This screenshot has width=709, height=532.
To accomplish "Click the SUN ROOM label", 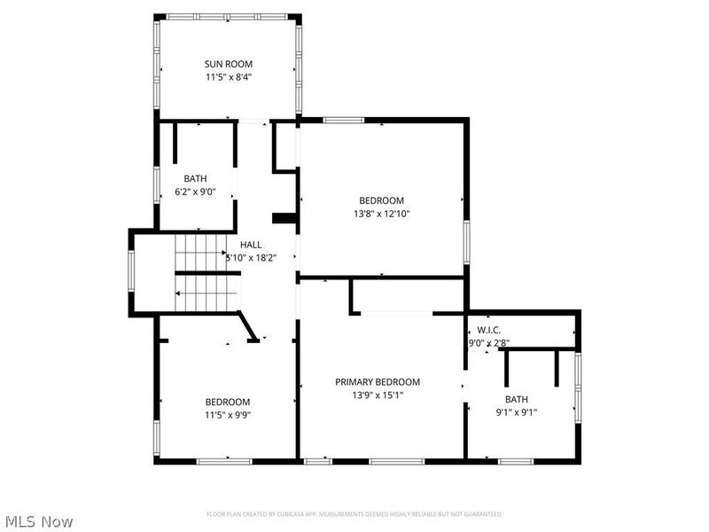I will pos(229,64).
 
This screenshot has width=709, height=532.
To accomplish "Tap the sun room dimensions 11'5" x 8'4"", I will pos(229,77).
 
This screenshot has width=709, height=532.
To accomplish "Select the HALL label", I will pos(251,245).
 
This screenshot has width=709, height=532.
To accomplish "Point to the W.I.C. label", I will pos(489,330).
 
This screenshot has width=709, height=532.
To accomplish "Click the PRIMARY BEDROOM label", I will pos(378,382).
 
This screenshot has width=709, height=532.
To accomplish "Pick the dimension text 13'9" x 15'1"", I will pos(378,395).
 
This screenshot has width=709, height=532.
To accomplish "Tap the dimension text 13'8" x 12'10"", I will pos(381,214).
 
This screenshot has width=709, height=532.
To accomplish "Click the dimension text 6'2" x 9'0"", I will pos(195,192).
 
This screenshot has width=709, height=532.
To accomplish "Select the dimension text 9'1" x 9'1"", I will pos(517,412).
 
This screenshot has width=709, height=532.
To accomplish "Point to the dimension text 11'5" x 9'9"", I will pos(228,415).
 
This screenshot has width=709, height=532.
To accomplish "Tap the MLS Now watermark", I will pos(39,521).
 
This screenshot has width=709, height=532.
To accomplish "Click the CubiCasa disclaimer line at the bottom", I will pos(354,514).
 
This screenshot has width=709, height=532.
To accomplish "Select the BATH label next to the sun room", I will pos(195,178).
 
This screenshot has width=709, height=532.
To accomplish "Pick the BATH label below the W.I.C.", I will pos(517,399).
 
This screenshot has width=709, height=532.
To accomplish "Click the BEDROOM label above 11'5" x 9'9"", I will pos(228,402).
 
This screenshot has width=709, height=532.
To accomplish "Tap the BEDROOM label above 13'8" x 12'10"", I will pos(381,200).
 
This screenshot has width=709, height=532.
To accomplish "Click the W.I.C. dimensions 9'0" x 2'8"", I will pos(488,343).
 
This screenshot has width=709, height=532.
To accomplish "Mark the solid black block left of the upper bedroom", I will pos(284,218).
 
